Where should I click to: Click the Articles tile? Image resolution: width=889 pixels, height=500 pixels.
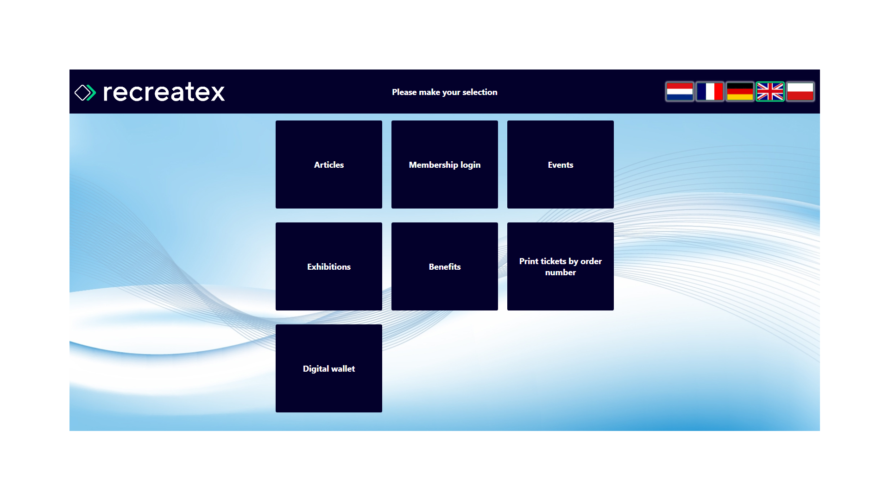[329, 165]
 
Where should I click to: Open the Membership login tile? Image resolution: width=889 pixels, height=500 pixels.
[445, 165]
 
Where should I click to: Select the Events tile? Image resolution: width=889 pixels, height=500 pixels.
[561, 165]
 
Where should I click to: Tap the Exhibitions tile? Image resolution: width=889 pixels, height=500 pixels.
[329, 266]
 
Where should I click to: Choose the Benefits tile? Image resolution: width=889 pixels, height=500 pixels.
[445, 266]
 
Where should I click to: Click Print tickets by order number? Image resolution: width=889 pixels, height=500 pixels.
[561, 266]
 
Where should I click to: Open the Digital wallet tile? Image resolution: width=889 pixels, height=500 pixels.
[329, 368]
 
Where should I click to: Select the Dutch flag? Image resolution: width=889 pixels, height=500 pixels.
[680, 92]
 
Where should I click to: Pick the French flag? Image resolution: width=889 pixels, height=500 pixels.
[710, 92]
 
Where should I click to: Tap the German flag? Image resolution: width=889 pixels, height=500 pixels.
[740, 92]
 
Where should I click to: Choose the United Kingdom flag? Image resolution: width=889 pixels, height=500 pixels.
[770, 92]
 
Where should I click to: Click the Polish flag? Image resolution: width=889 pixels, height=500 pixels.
[800, 92]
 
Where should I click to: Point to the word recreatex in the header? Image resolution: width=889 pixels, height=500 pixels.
[164, 92]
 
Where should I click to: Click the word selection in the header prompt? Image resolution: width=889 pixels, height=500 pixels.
[479, 92]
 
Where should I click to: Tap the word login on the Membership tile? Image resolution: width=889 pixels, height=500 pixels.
[470, 165]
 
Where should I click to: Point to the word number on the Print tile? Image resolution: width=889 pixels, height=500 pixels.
[561, 272]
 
